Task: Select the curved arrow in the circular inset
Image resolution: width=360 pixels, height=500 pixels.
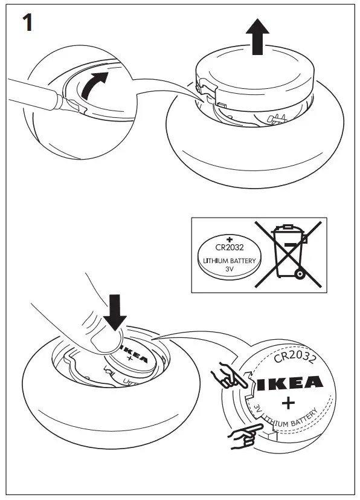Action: point(95,84)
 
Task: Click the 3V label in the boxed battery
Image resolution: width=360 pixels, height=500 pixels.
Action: point(229,271)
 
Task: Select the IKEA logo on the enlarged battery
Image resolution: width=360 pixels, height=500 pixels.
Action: point(289,383)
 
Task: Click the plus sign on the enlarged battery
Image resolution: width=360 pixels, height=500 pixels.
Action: point(288,403)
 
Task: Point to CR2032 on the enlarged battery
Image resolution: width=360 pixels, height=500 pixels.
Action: point(295,358)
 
